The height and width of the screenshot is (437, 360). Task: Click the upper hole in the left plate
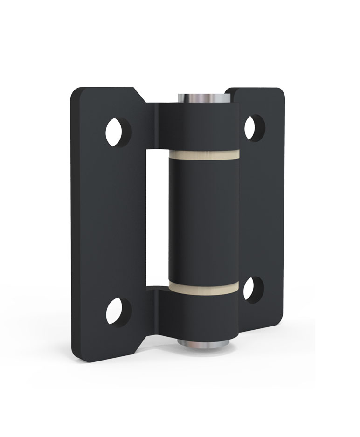118,132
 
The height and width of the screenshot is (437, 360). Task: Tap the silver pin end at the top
203,98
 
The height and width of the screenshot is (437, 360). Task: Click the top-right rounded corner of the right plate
279,92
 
